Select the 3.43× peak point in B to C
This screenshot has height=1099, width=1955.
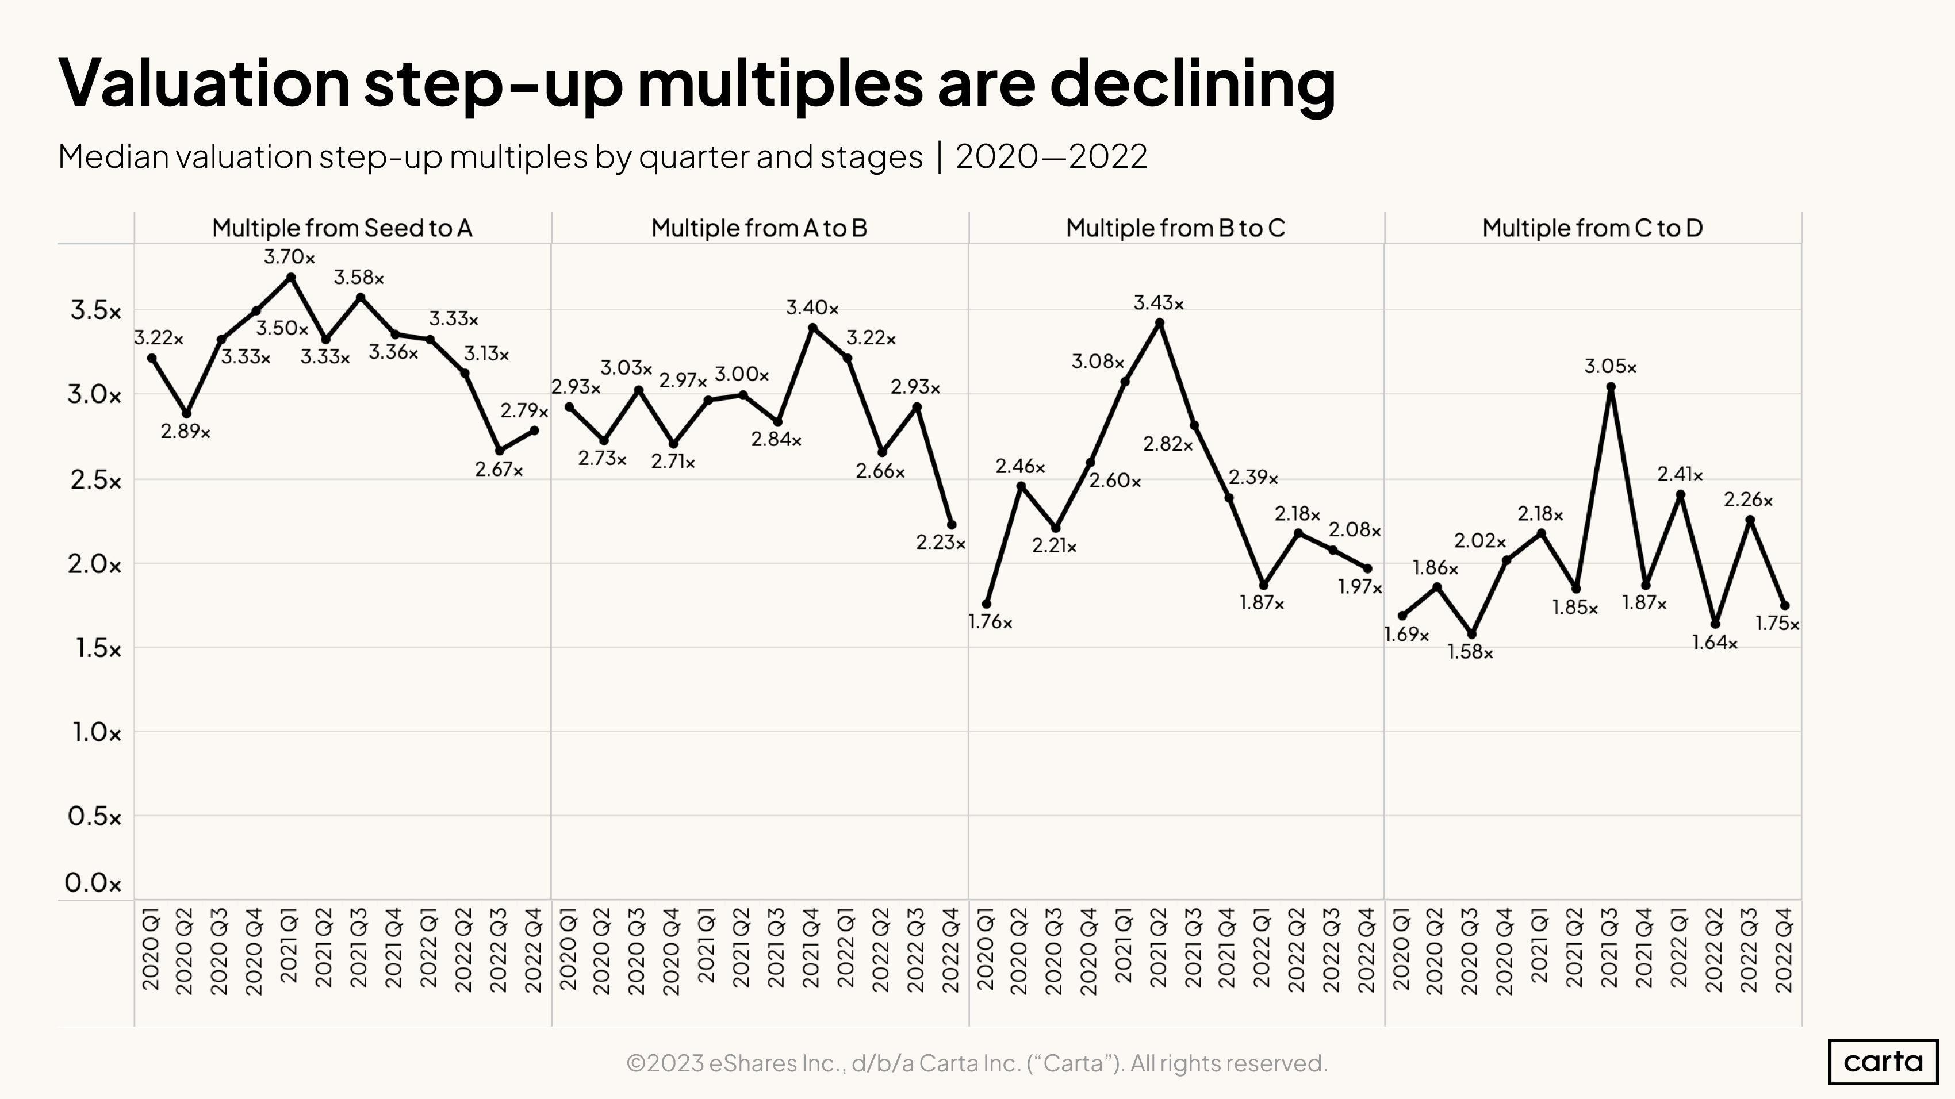pyautogui.click(x=1160, y=323)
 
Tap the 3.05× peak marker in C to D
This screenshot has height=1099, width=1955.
pyautogui.click(x=1611, y=387)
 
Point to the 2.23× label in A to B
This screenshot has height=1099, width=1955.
pyautogui.click(x=940, y=543)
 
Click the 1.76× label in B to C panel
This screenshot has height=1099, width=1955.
pyautogui.click(x=990, y=622)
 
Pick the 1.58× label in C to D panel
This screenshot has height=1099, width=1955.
pyautogui.click(x=1470, y=652)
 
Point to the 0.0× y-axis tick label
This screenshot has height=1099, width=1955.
pyautogui.click(x=93, y=883)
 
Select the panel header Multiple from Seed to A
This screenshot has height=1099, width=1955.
pyautogui.click(x=342, y=228)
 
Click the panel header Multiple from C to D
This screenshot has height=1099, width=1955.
pyautogui.click(x=1592, y=228)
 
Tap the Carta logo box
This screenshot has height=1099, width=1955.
pyautogui.click(x=1883, y=1061)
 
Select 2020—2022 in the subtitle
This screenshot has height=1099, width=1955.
pyautogui.click(x=1051, y=157)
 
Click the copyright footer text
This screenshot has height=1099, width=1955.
pyautogui.click(x=977, y=1063)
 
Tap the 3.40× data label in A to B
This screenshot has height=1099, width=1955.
pyautogui.click(x=812, y=308)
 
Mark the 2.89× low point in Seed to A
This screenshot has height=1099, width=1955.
pyautogui.click(x=187, y=413)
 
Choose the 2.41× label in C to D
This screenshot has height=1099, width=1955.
pyautogui.click(x=1680, y=475)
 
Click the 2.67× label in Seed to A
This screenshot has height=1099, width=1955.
pyautogui.click(x=499, y=470)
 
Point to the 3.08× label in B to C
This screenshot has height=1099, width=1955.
pyautogui.click(x=1098, y=362)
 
